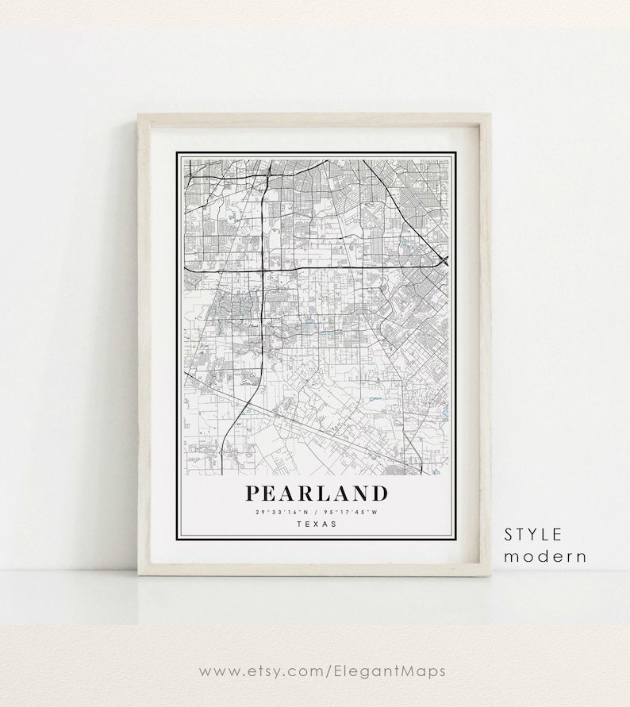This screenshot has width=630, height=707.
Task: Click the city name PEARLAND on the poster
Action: [x=316, y=494]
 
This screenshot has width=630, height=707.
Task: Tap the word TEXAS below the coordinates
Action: [x=316, y=524]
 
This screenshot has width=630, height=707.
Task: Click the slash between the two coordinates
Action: [x=316, y=511]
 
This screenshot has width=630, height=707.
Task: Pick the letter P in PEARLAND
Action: [x=253, y=494]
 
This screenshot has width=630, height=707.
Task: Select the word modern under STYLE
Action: [x=545, y=556]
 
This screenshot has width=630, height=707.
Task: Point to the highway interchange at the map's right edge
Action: [x=444, y=260]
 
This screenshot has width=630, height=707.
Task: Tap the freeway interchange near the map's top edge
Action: [x=269, y=168]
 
